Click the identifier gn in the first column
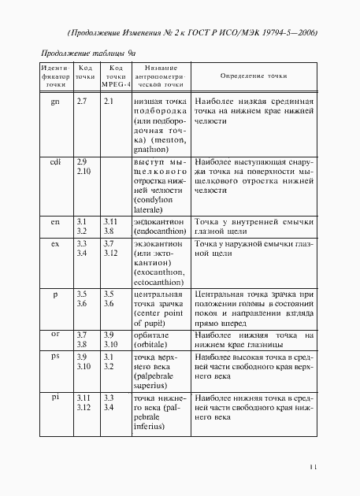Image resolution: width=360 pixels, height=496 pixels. (54, 102)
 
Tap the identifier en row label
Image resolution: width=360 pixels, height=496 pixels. (55, 222)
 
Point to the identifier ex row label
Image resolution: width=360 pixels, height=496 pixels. (55, 244)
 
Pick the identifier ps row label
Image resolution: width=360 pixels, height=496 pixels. (55, 357)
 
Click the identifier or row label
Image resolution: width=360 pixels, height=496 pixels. (55, 335)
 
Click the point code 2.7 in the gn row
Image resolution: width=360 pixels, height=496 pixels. (82, 102)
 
